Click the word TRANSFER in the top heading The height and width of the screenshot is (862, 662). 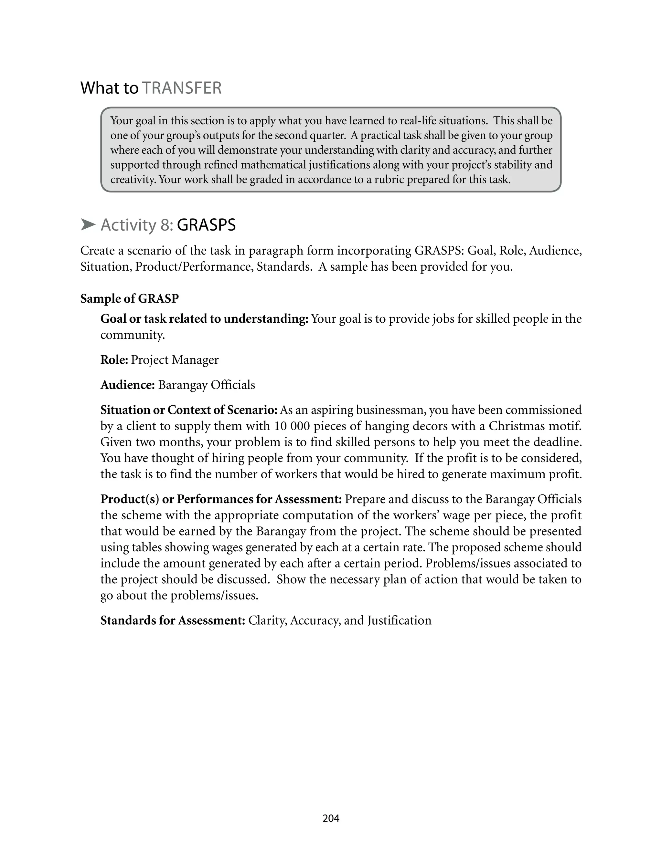click(182, 88)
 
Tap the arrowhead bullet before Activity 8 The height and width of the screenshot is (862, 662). click(88, 225)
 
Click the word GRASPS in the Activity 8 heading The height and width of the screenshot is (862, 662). click(206, 225)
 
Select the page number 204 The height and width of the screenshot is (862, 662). click(331, 818)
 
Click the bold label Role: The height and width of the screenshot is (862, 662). click(114, 360)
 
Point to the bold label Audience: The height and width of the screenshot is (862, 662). click(128, 385)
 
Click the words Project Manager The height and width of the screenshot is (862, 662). click(175, 360)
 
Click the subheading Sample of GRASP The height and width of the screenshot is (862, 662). click(130, 299)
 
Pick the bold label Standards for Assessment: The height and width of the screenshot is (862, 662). click(173, 621)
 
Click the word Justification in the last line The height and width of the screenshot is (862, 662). click(399, 621)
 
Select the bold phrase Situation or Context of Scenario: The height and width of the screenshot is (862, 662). click(189, 410)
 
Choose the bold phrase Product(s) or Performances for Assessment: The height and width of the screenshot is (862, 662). click(221, 499)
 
